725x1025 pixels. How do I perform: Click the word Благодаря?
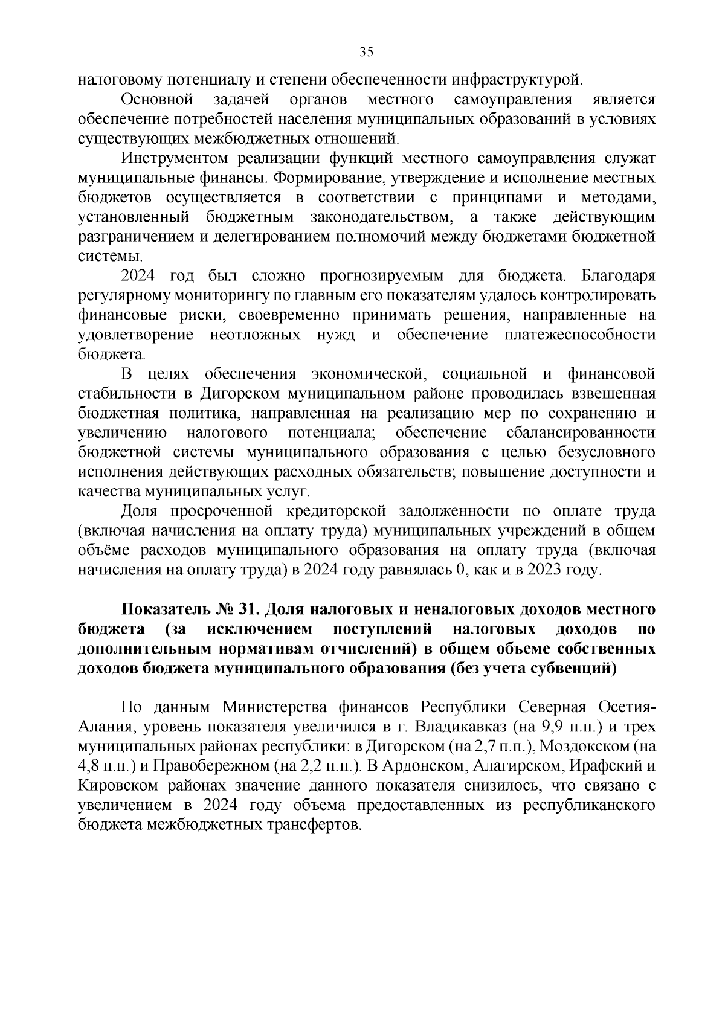[617, 276]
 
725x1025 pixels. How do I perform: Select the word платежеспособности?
[579, 335]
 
